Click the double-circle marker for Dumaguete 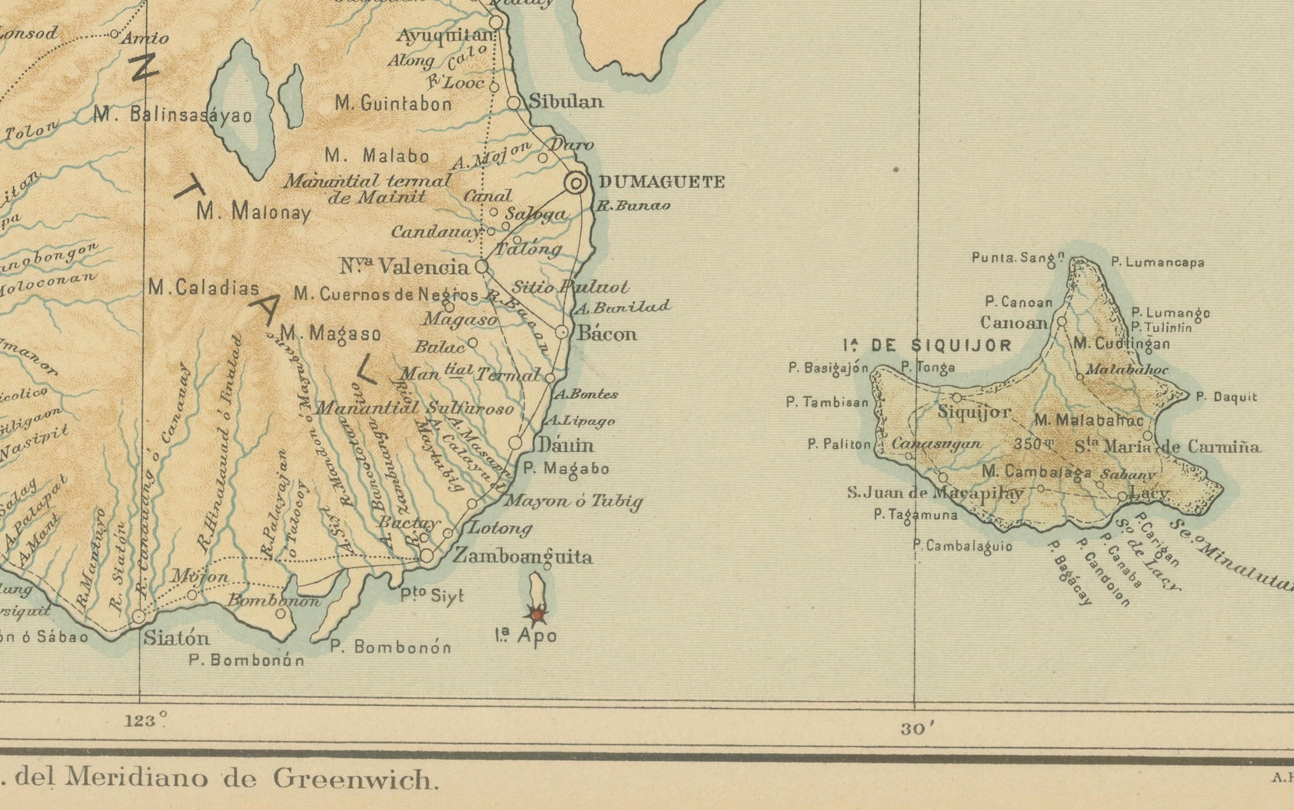coord(576,184)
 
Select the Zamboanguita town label coord(523,556)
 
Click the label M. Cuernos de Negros coord(386,294)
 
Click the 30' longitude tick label coord(918,729)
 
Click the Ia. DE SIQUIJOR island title coord(926,345)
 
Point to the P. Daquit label coord(1226,397)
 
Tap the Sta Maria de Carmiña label coord(1167,447)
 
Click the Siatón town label coord(176,638)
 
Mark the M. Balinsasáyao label coord(172,115)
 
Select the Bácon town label coord(606,334)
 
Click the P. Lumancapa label coord(1157,262)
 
